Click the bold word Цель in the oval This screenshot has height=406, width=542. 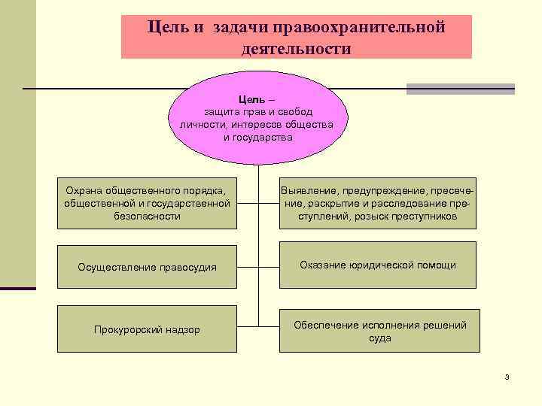(x=251, y=99)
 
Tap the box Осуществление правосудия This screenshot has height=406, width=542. (x=148, y=267)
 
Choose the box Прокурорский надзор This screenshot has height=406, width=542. (x=148, y=329)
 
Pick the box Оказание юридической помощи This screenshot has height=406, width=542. (x=378, y=265)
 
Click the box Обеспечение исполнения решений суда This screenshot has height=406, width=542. (x=379, y=331)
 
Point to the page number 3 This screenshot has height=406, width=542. (x=507, y=376)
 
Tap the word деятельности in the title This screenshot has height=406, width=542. (x=297, y=49)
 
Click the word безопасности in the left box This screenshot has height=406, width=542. (x=148, y=216)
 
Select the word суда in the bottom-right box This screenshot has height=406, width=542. (x=379, y=338)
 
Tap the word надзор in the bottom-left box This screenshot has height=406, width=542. (x=182, y=330)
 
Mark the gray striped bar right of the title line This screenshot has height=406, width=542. (x=460, y=89)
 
